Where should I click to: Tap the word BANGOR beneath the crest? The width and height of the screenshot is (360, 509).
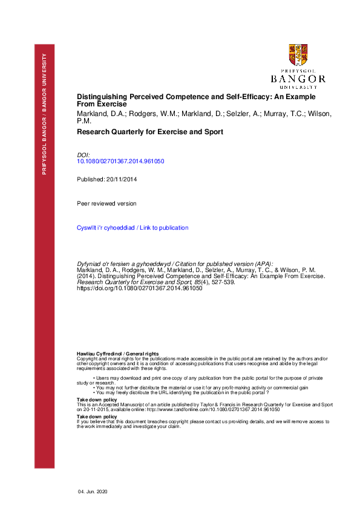[x=298, y=79]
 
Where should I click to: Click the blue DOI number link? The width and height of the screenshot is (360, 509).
[x=121, y=161]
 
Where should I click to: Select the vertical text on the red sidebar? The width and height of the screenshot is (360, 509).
[x=44, y=115]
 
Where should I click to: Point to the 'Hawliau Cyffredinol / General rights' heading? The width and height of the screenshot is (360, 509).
[x=117, y=352]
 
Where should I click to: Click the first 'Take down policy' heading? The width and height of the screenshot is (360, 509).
[x=97, y=400]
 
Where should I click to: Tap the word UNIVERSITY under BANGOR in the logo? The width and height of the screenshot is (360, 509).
[x=298, y=86]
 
